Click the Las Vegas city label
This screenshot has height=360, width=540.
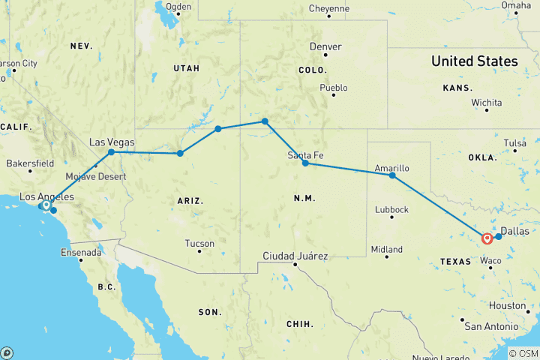112,142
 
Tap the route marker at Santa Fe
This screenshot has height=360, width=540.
305,163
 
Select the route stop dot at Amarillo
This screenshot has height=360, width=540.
392,175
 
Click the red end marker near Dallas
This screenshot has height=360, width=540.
487,238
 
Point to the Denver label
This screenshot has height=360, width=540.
325,46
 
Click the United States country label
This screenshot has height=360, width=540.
474,61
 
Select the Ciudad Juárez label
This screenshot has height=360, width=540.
295,256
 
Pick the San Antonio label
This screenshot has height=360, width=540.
490,327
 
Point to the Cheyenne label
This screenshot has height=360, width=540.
329,9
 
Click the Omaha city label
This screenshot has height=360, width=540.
516,5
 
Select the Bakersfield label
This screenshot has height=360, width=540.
30,163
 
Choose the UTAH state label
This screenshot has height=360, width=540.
187,68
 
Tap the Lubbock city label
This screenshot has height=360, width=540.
391,210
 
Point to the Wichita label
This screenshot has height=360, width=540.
487,101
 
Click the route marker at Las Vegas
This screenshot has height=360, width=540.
111,152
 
